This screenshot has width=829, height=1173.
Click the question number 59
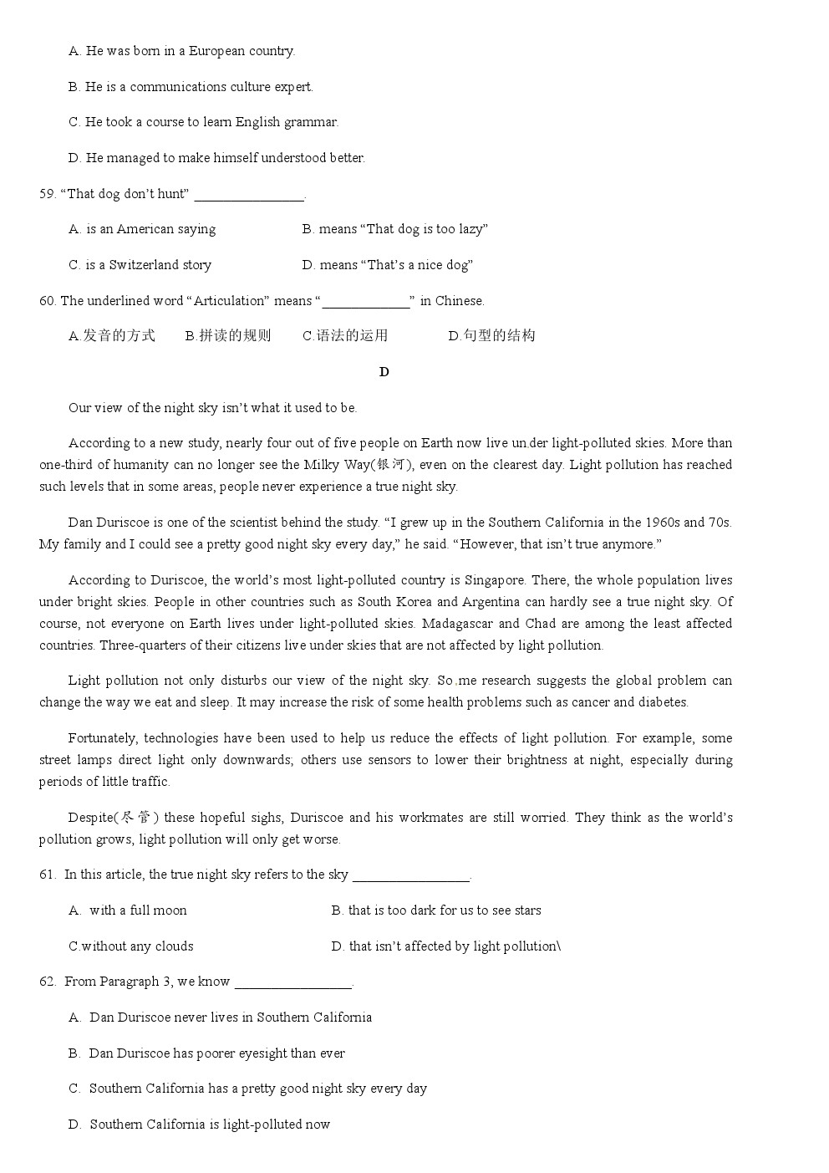click(x=47, y=194)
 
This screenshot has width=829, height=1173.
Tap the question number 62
click(x=47, y=982)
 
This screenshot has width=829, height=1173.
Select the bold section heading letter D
click(x=384, y=372)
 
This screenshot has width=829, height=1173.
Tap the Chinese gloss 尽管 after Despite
click(x=136, y=818)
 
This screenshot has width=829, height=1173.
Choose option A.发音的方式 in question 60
click(x=112, y=336)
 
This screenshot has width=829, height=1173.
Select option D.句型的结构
click(x=491, y=336)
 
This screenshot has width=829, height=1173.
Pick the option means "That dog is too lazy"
click(x=394, y=229)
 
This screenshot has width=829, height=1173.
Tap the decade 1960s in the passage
click(x=662, y=523)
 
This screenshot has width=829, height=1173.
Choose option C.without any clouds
click(x=131, y=946)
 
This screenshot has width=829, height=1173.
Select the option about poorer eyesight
click(x=216, y=1053)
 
